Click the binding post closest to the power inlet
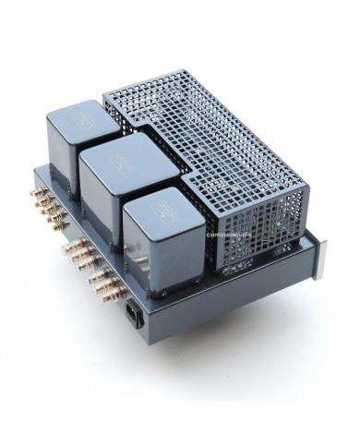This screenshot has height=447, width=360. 120,294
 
